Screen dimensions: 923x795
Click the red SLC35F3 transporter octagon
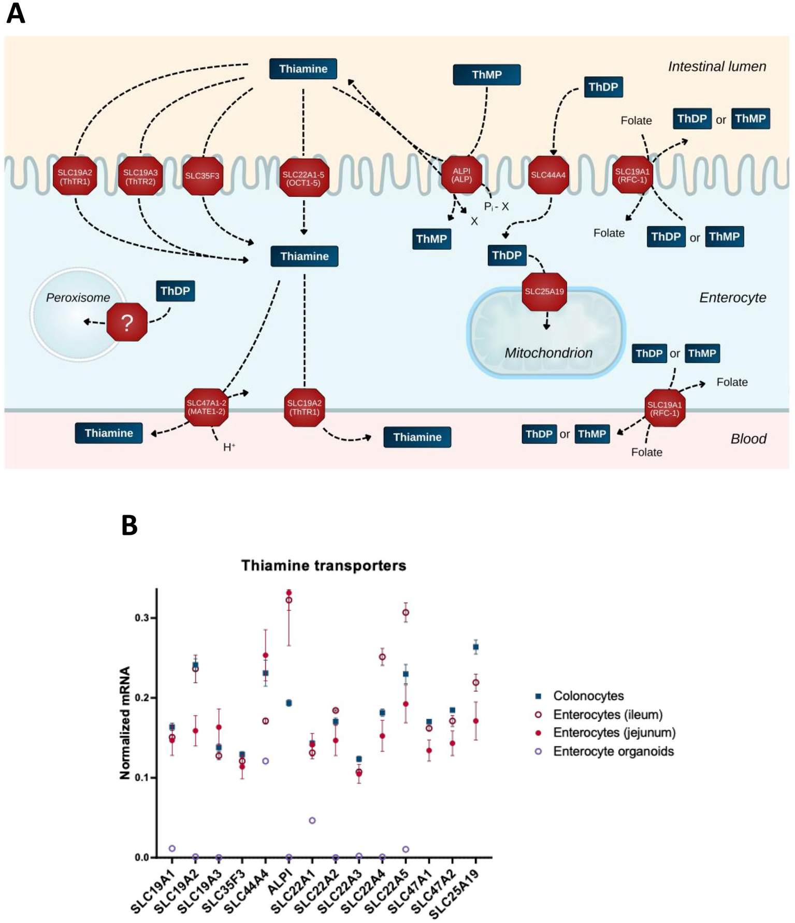(x=203, y=176)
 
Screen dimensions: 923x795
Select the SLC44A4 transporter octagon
(x=548, y=175)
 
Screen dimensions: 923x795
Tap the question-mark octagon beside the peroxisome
(x=127, y=322)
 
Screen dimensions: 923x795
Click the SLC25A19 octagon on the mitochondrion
(x=544, y=292)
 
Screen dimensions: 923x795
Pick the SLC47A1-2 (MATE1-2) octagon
(x=206, y=407)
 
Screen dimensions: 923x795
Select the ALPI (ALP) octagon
(x=461, y=175)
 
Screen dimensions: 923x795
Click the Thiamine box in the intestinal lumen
(x=303, y=69)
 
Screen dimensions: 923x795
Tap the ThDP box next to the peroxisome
(x=175, y=291)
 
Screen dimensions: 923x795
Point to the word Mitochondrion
(x=548, y=353)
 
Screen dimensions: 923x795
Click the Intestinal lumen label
(x=717, y=66)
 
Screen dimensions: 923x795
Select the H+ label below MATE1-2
(x=229, y=447)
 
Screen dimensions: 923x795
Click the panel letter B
(x=129, y=525)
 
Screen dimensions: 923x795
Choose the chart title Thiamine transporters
(x=324, y=565)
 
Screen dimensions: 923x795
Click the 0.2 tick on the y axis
(x=142, y=698)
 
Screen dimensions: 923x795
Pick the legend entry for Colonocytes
(x=588, y=695)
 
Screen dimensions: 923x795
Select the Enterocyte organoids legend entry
(x=613, y=751)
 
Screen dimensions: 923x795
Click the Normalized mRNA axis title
(x=125, y=722)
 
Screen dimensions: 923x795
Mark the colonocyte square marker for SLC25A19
(x=475, y=647)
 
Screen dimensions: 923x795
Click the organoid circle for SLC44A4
(x=265, y=761)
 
